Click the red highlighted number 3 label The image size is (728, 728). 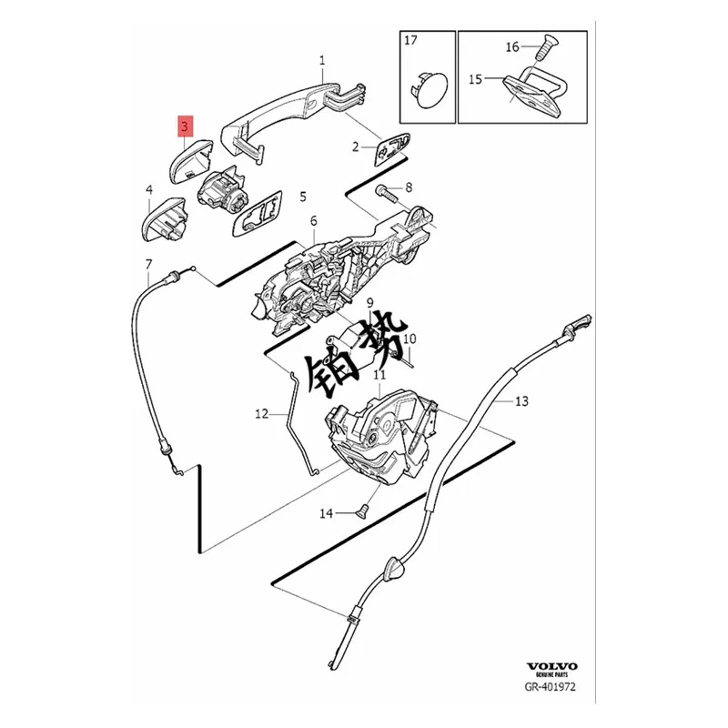(x=185, y=126)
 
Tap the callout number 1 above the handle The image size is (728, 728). (x=322, y=60)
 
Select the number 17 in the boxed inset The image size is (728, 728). (x=411, y=40)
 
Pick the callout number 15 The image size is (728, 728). (x=475, y=79)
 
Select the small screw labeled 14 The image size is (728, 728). (x=361, y=511)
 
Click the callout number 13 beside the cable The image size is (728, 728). (x=521, y=400)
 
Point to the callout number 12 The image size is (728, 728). (x=262, y=413)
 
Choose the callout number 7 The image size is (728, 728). (x=148, y=264)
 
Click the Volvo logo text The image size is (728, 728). (x=551, y=667)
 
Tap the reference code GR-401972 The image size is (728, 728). (x=551, y=686)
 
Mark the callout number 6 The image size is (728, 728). (x=314, y=221)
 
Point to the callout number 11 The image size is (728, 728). (x=379, y=375)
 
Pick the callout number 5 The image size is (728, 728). (x=303, y=197)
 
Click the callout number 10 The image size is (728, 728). (x=409, y=339)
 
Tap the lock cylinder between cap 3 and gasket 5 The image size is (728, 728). (x=222, y=187)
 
